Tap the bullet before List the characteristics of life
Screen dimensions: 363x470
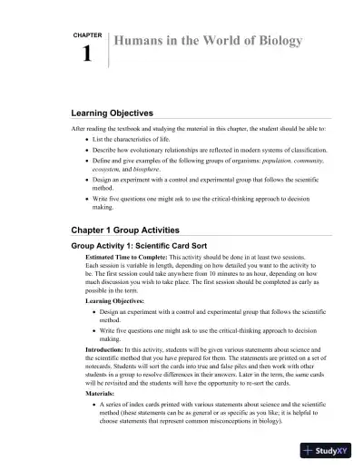pyautogui.click(x=86, y=141)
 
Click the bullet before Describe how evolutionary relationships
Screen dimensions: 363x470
pyautogui.click(x=86, y=150)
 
